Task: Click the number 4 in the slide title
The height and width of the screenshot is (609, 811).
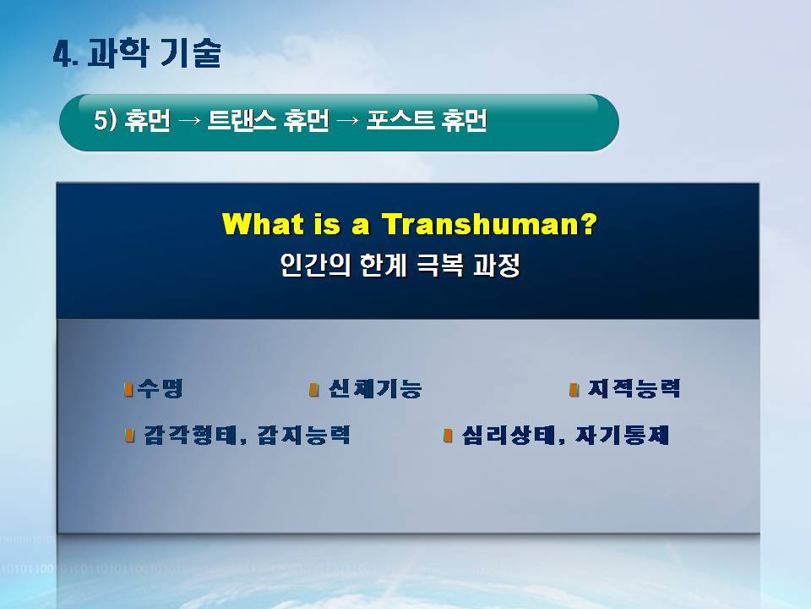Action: tap(63, 54)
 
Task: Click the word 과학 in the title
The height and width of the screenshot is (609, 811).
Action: tap(118, 53)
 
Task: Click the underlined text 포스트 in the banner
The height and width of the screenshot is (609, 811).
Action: tap(400, 121)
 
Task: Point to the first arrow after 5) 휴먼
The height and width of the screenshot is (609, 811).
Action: tap(188, 122)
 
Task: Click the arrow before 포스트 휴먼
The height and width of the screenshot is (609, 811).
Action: tap(347, 122)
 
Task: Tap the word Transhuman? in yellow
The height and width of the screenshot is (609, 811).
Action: tap(489, 223)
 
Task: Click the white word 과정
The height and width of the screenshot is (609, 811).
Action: tap(497, 265)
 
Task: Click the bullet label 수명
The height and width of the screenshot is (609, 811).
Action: tap(161, 388)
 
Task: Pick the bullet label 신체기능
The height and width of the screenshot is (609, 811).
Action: tap(375, 389)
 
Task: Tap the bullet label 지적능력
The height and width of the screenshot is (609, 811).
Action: tap(634, 388)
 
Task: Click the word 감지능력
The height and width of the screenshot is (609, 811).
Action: tap(304, 435)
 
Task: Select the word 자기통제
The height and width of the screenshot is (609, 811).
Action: tap(623, 435)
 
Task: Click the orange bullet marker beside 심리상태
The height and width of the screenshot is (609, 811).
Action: tap(448, 436)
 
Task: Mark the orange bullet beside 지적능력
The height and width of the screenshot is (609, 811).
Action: tap(574, 389)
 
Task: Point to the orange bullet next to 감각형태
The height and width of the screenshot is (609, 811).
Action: tap(129, 435)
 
